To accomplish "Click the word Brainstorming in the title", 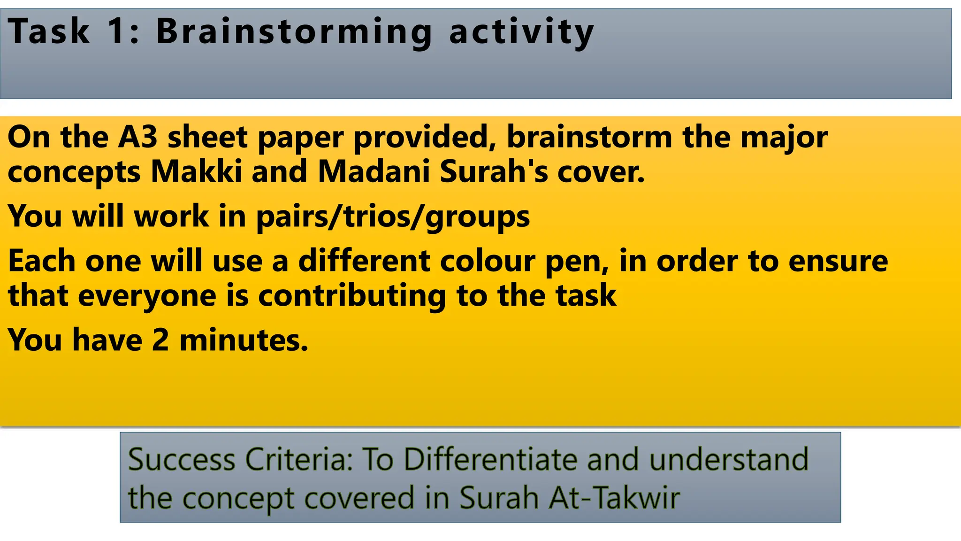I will pos(294,32).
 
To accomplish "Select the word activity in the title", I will pos(521,32).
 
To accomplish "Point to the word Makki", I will pos(197,171).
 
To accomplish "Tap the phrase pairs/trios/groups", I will pos(393,216).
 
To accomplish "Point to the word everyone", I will pos(147,296).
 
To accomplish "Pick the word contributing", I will pos(352,296).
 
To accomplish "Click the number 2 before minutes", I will pos(160,340).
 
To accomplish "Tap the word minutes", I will pos(244,340).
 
